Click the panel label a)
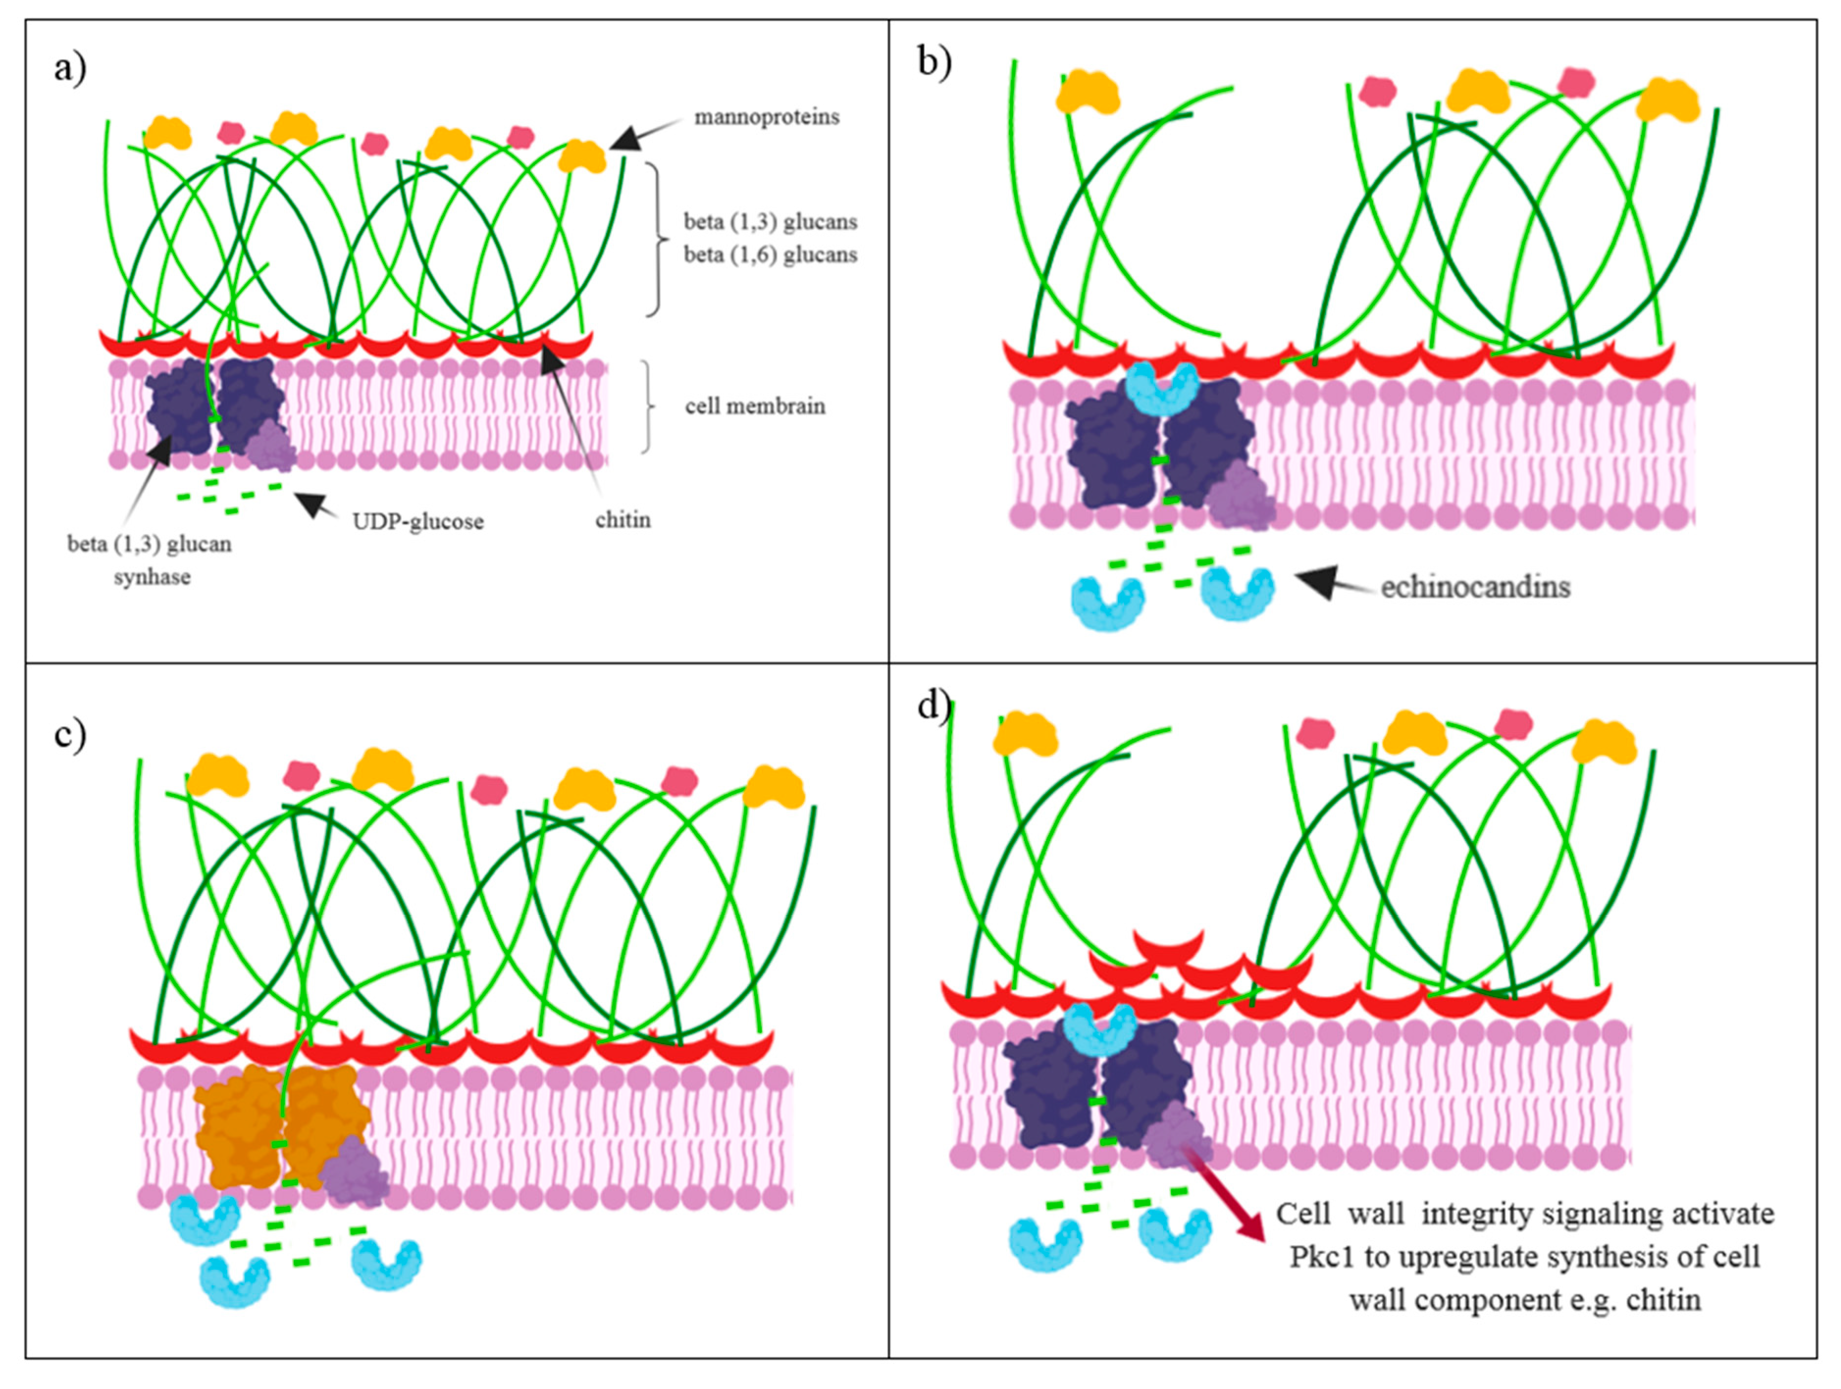[x=70, y=68]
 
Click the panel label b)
[x=934, y=62]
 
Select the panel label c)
[x=70, y=735]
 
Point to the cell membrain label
[x=755, y=406]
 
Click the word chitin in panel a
[x=622, y=520]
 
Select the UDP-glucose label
[x=418, y=522]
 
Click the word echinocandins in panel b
[x=1475, y=588]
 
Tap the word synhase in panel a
[x=152, y=577]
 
